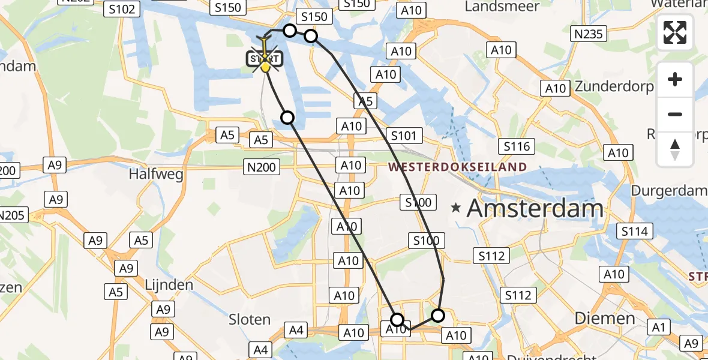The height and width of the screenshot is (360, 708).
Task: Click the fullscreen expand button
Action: (x=675, y=32)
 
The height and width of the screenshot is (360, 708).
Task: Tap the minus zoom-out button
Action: (x=675, y=114)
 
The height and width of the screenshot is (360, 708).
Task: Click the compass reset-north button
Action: (x=675, y=149)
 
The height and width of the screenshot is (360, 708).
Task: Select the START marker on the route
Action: (x=264, y=59)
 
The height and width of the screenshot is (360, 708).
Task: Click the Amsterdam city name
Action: (x=535, y=209)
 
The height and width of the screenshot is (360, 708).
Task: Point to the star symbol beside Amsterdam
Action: (x=457, y=208)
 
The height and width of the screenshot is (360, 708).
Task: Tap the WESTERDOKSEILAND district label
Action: (x=459, y=167)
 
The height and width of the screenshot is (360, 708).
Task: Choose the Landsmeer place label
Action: (x=502, y=7)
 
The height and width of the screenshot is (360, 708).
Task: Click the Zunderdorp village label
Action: (x=614, y=86)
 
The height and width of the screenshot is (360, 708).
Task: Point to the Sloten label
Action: (x=250, y=319)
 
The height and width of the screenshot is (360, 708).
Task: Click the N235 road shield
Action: (x=588, y=34)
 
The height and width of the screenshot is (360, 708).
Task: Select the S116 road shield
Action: (x=517, y=146)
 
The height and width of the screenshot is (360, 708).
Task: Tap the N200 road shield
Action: (x=262, y=167)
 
